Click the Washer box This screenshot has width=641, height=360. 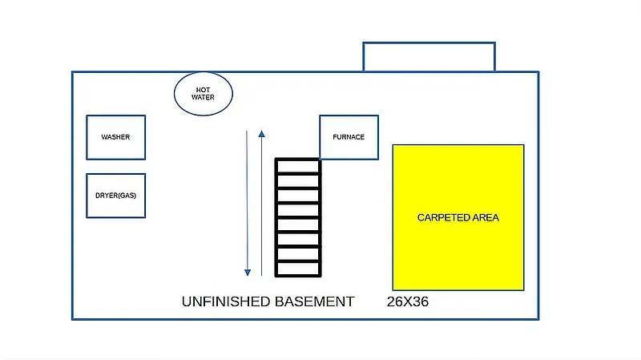[115, 137]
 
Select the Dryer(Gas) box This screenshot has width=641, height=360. [115, 196]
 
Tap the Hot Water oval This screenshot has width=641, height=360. [203, 93]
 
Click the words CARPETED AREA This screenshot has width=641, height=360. [458, 218]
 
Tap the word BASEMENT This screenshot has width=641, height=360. [315, 302]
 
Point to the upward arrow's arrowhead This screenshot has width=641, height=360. [261, 132]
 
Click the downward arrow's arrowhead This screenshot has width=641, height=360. [248, 271]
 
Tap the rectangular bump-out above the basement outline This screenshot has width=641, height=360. [429, 57]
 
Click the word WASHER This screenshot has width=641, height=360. [115, 137]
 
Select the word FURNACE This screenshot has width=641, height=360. [349, 137]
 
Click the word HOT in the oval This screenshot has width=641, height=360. [203, 89]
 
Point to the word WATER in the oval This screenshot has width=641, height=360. [203, 98]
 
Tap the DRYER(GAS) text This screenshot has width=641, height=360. [115, 196]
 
